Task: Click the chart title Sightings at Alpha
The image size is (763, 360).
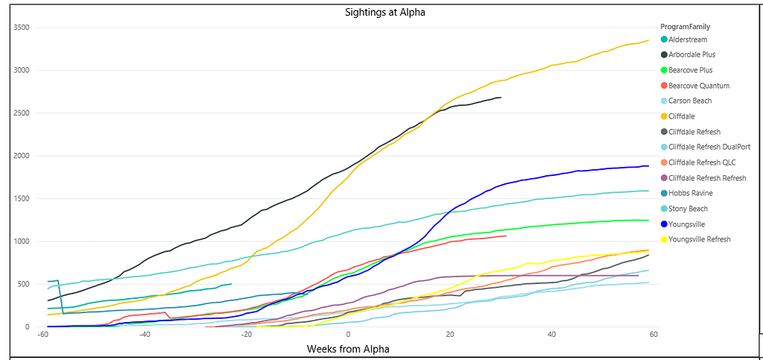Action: [x=385, y=12]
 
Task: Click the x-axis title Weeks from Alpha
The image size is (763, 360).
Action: [x=348, y=349]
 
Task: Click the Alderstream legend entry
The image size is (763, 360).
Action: [x=688, y=40]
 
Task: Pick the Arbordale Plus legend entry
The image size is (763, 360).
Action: [x=692, y=54]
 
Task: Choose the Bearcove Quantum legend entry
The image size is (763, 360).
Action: [x=699, y=86]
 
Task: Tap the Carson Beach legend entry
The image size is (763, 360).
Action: [x=690, y=101]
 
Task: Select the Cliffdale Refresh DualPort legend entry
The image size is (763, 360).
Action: [x=709, y=147]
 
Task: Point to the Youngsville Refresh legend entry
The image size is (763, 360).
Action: [x=700, y=239]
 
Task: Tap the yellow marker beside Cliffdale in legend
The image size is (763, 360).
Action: [x=664, y=116]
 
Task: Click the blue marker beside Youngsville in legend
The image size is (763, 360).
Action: [x=664, y=224]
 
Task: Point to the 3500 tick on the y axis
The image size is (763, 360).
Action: [x=21, y=28]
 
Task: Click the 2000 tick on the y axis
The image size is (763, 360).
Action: [x=21, y=156]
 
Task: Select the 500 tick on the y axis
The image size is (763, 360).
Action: [x=23, y=284]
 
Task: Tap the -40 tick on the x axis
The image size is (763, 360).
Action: [x=145, y=334]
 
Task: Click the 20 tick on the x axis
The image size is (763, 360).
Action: [x=450, y=334]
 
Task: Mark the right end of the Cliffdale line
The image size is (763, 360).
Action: [x=649, y=40]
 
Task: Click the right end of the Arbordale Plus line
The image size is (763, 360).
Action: [x=501, y=98]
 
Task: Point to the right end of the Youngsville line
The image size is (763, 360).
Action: [x=649, y=165]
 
